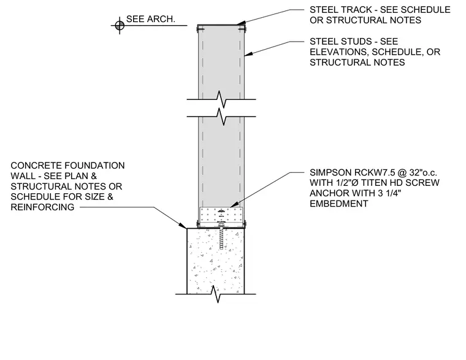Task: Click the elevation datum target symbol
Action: (120, 26)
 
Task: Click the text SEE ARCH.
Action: (151, 19)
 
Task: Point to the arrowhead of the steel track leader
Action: (241, 23)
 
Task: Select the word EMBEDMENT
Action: (339, 204)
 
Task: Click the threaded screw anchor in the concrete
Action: (221, 237)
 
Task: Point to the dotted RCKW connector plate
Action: (221, 214)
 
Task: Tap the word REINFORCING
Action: (42, 207)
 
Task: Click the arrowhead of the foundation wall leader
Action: (182, 225)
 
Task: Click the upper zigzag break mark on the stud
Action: (221, 99)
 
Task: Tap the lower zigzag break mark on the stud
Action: (221, 117)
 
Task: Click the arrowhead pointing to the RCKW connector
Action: (234, 204)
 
